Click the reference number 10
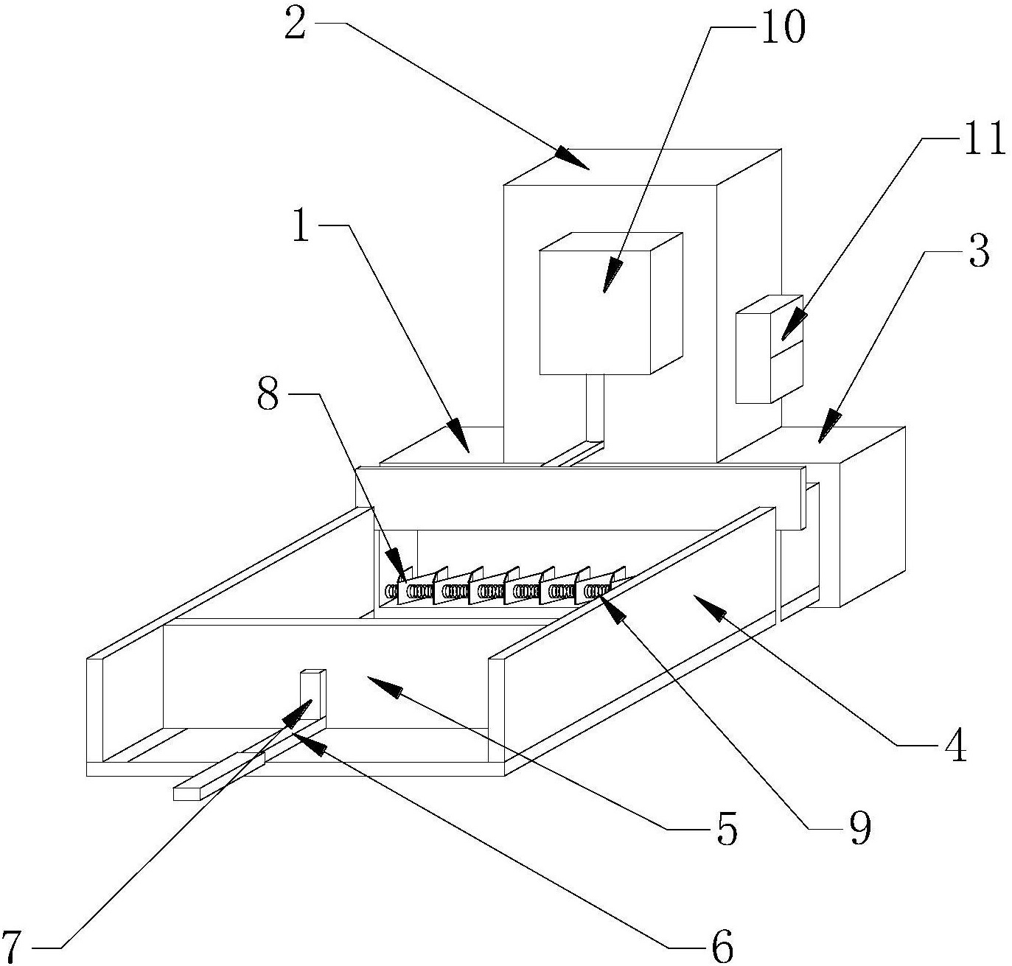click(783, 28)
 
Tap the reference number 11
click(985, 139)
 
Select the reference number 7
click(13, 944)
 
